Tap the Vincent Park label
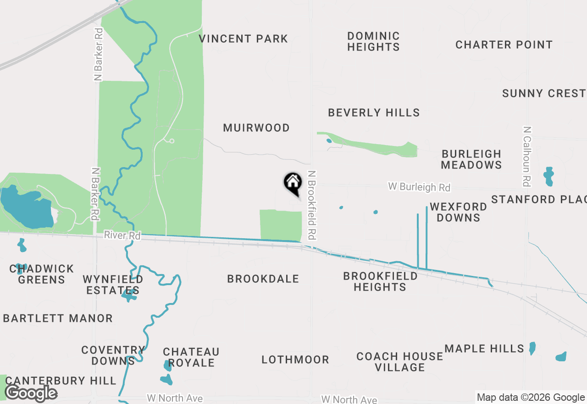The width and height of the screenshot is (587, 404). (244, 39)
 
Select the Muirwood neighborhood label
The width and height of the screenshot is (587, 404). (256, 128)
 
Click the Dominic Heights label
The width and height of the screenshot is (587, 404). (373, 41)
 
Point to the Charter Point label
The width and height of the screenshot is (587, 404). (504, 45)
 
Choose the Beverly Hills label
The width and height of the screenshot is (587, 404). (374, 113)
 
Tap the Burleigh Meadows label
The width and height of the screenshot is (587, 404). (471, 159)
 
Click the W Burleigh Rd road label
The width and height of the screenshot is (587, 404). (419, 187)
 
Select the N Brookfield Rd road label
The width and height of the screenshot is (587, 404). (312, 205)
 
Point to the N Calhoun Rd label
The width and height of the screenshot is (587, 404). (527, 157)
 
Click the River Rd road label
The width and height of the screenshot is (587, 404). (122, 236)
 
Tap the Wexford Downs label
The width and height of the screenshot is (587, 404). (458, 212)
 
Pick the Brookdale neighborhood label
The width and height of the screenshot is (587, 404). (263, 279)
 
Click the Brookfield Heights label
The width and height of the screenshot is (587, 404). (380, 281)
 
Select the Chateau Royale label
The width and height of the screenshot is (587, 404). (191, 357)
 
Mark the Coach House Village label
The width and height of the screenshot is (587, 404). (400, 362)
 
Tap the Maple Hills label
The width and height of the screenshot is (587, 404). (484, 349)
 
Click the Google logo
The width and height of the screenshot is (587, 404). (31, 393)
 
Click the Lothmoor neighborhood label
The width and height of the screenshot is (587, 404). (295, 360)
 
